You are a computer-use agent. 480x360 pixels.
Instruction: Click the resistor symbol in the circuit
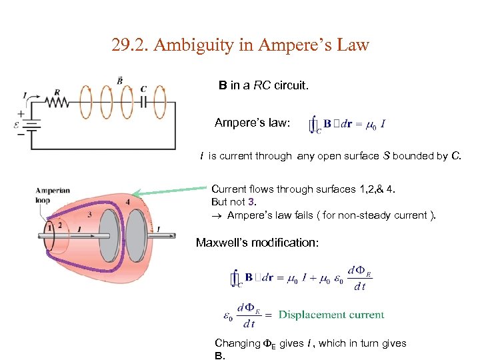click(58, 102)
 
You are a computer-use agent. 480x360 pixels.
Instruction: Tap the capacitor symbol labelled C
click(144, 102)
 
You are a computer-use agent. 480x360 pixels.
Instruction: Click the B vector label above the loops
click(120, 80)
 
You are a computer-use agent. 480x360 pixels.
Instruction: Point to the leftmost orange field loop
click(85, 102)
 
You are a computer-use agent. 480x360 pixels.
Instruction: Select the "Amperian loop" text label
click(53, 195)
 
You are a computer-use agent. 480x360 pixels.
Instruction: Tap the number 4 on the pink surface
click(127, 202)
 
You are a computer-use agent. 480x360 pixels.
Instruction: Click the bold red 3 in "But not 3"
click(251, 202)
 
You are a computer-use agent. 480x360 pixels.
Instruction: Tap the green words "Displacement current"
click(331, 315)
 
